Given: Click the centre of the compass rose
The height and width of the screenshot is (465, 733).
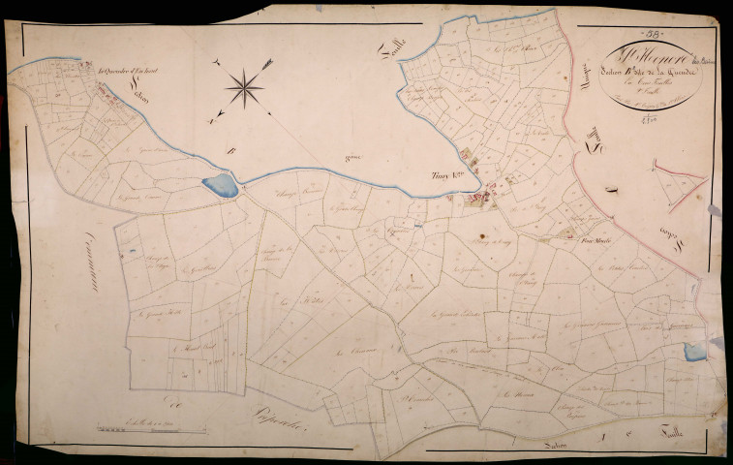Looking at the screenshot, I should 245,89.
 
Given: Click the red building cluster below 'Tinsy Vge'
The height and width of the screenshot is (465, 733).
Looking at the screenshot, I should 479,199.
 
